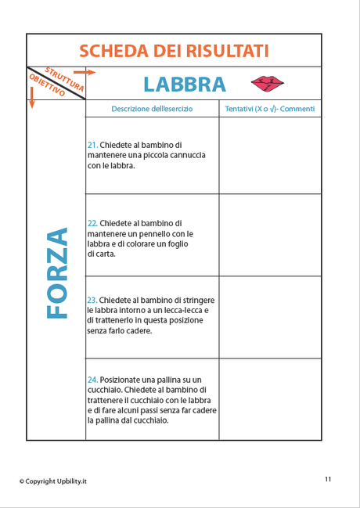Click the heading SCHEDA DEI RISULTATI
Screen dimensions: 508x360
point(174,51)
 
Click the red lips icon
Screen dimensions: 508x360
point(267,83)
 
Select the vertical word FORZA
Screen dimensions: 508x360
point(56,273)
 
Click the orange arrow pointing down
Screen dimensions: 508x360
point(32,99)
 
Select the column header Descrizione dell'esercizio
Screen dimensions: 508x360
point(152,109)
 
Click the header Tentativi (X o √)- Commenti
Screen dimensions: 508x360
point(269,109)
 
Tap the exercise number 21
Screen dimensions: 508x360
point(92,145)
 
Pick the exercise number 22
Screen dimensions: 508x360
point(92,223)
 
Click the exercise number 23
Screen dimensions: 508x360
point(92,300)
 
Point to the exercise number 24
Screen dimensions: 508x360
point(92,380)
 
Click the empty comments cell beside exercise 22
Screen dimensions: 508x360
point(269,235)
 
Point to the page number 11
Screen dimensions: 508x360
point(328,479)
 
